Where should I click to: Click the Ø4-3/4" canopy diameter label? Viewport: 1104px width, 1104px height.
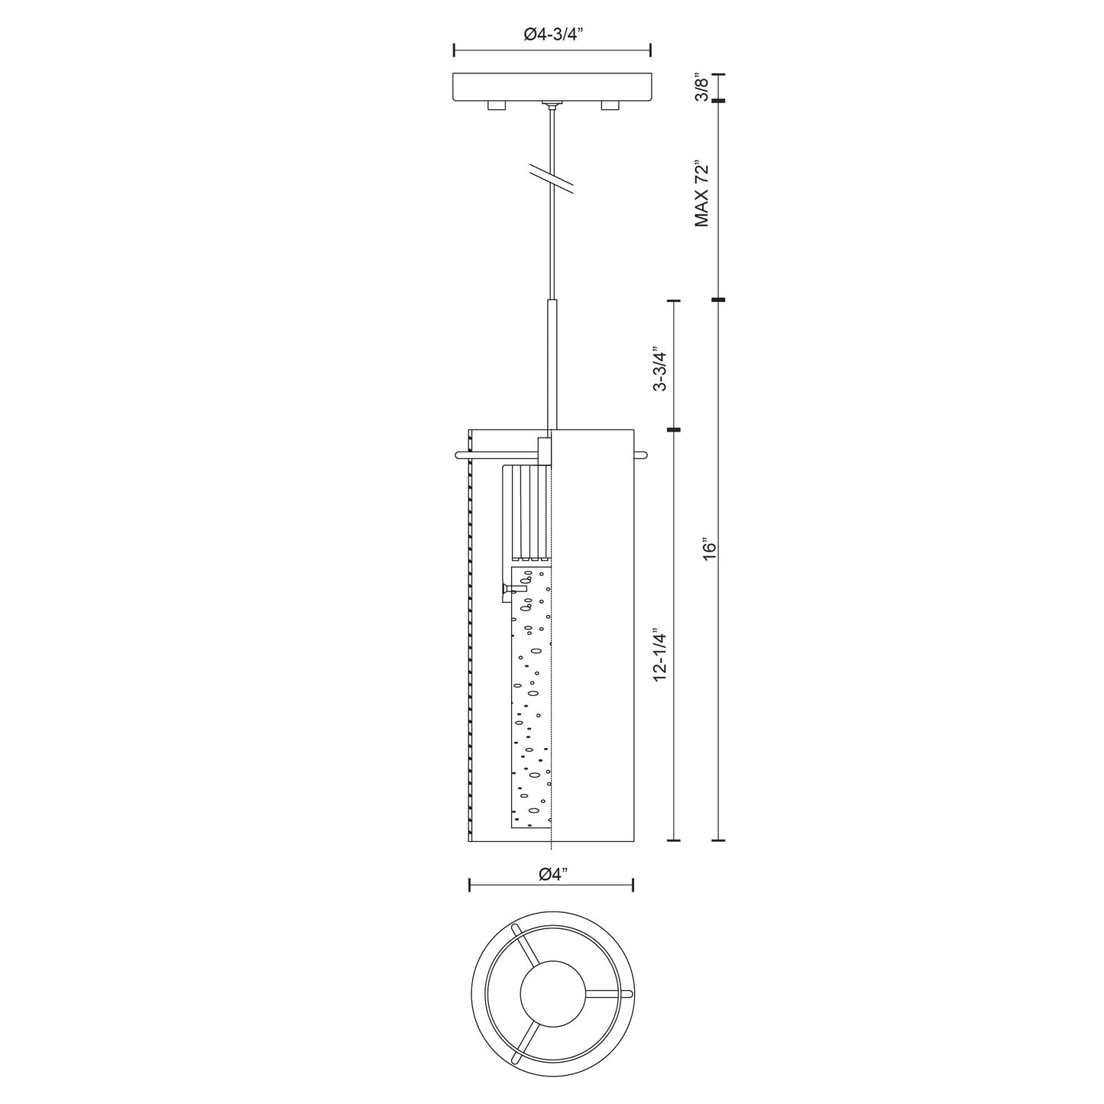click(x=552, y=34)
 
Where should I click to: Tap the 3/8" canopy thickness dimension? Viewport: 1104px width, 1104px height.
click(x=701, y=87)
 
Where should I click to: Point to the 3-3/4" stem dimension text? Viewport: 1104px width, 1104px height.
click(x=659, y=370)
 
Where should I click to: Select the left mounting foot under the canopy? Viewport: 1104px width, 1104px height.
click(x=496, y=105)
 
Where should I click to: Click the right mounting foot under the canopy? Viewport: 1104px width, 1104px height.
click(x=610, y=105)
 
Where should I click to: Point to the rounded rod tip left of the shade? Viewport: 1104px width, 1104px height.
click(x=458, y=456)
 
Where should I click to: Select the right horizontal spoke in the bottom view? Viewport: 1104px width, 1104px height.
click(x=607, y=993)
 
